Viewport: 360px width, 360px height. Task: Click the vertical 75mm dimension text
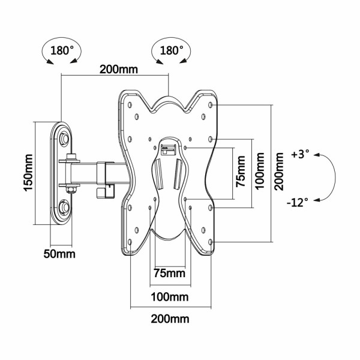(x=240, y=173)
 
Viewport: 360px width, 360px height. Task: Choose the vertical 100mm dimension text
(x=260, y=171)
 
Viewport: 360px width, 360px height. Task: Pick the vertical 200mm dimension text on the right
(x=280, y=171)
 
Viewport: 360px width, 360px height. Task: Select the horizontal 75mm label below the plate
(x=170, y=274)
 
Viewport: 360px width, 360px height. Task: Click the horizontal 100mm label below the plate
(x=170, y=297)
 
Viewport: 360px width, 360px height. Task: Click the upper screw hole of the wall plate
(x=64, y=139)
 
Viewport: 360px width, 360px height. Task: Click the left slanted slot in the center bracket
(x=160, y=173)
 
